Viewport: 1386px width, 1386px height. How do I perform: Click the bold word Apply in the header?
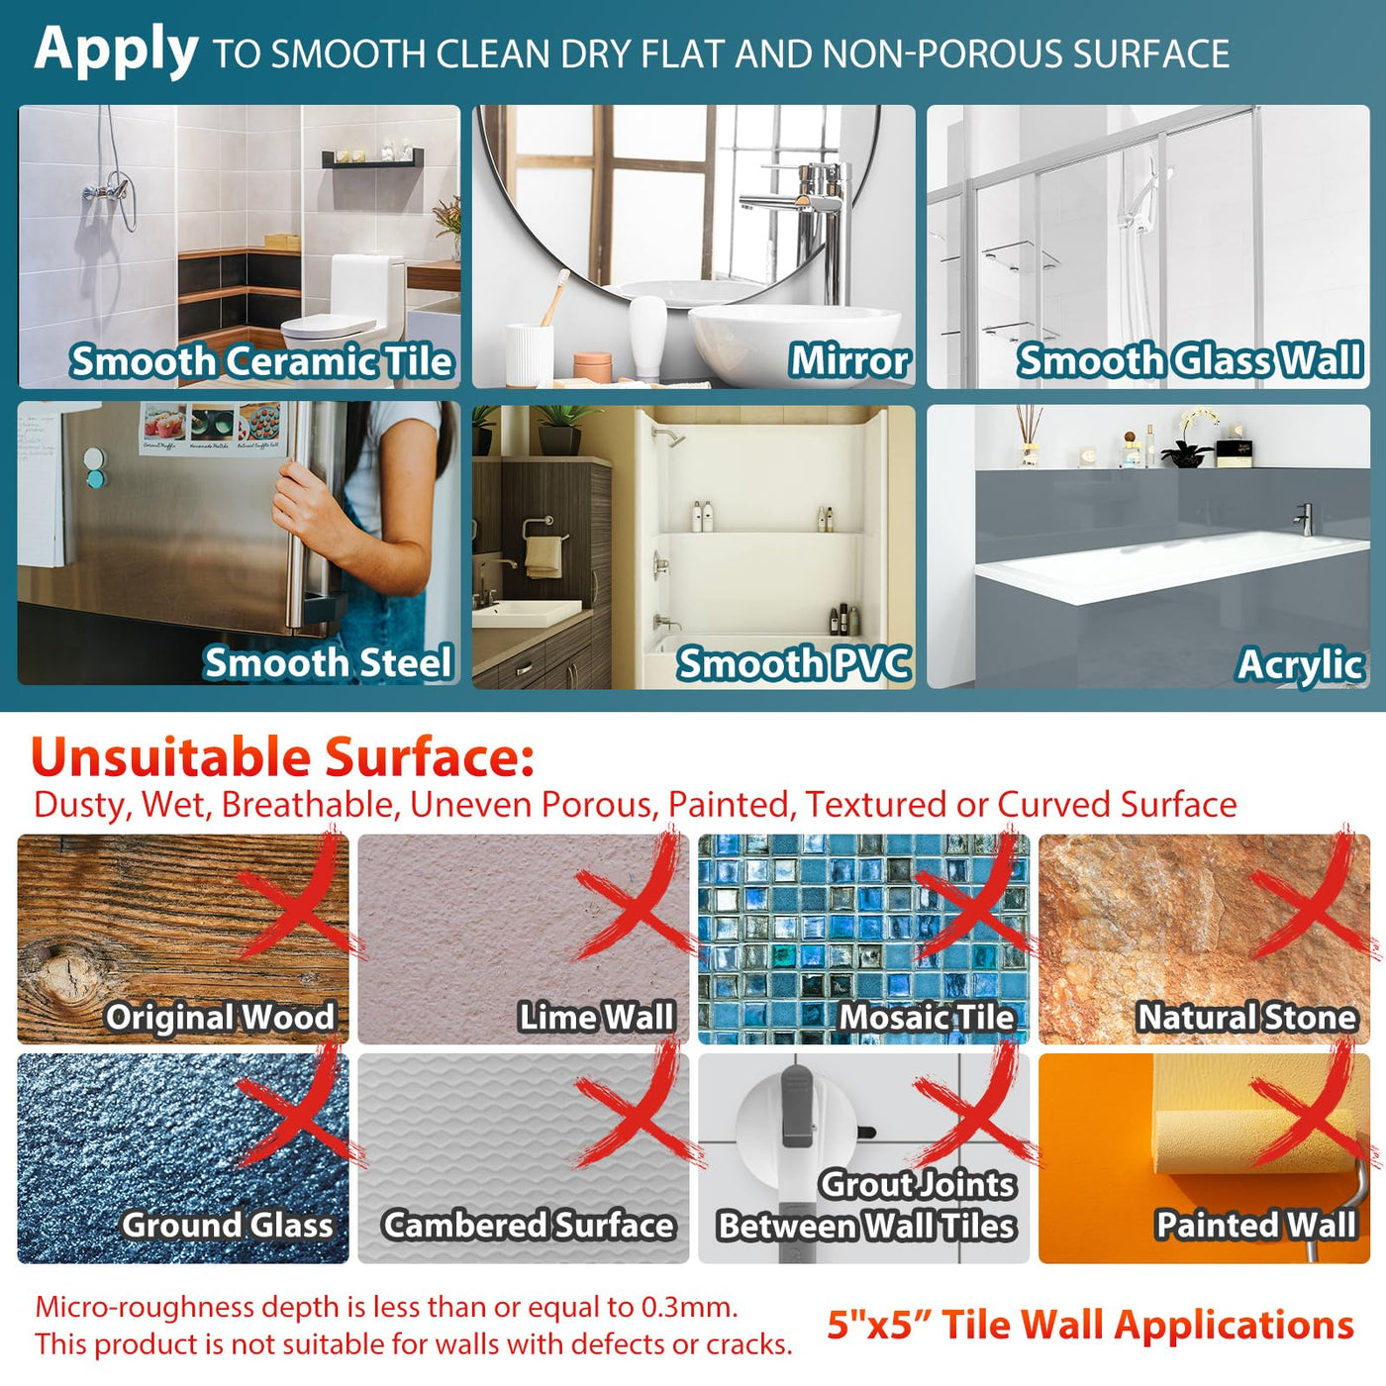click(116, 51)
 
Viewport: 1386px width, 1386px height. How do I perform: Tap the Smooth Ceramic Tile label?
click(261, 360)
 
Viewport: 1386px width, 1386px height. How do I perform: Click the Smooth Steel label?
click(328, 661)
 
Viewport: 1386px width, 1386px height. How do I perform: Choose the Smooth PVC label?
click(793, 662)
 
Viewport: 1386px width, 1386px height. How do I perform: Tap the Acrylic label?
click(1301, 665)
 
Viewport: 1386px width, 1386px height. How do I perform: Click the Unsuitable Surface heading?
click(283, 757)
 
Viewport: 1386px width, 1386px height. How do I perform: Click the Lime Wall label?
click(596, 1017)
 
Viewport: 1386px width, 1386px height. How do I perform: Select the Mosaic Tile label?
click(927, 1017)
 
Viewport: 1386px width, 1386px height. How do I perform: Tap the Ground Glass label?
click(228, 1225)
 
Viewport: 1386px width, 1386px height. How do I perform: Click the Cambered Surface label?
click(529, 1225)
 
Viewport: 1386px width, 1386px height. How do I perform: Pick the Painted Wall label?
click(1256, 1225)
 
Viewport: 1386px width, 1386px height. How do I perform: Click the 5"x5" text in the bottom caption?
click(877, 1325)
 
